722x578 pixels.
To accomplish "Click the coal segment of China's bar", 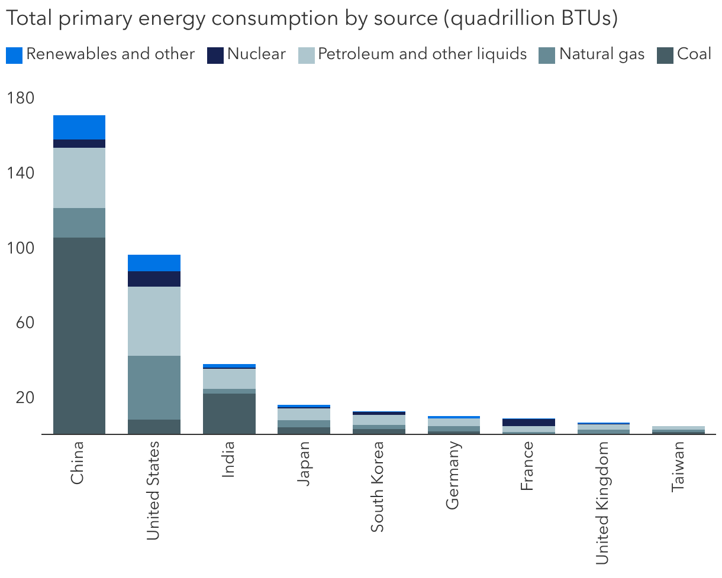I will pos(79,335).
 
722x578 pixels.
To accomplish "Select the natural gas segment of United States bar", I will pos(154,387).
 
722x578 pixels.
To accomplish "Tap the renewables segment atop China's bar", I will pos(79,127).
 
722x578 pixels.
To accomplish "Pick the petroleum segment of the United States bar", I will pos(154,321).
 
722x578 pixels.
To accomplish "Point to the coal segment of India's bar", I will pos(229,413).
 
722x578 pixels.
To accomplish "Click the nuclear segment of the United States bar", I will pos(154,279).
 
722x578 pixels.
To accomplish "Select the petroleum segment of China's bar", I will pos(79,177).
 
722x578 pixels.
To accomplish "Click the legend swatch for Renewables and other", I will pos(14,55).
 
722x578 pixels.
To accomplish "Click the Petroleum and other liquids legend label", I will pos(422,54).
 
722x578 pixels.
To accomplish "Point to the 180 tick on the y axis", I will pos(21,98).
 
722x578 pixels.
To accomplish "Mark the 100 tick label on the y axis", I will pos(21,248).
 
